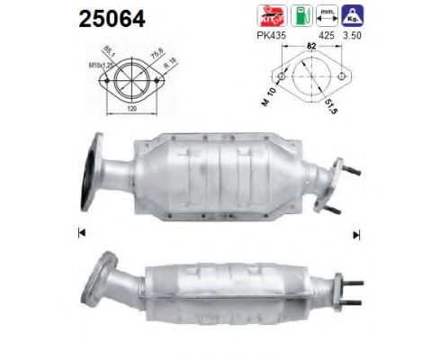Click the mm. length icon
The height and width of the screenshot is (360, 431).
[329, 16]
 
